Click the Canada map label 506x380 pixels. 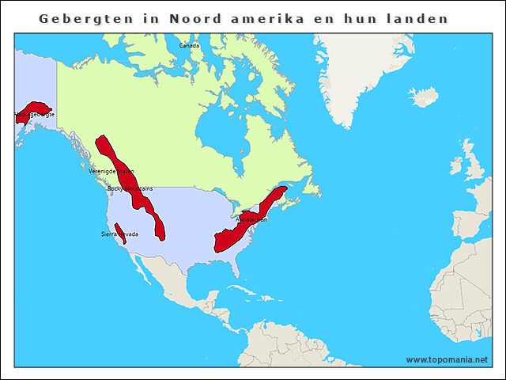click(190, 46)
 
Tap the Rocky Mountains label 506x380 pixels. click(130, 189)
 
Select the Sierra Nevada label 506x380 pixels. click(119, 234)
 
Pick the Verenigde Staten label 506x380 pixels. click(111, 171)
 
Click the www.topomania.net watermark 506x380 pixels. click(447, 359)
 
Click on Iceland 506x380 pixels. click(425, 97)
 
